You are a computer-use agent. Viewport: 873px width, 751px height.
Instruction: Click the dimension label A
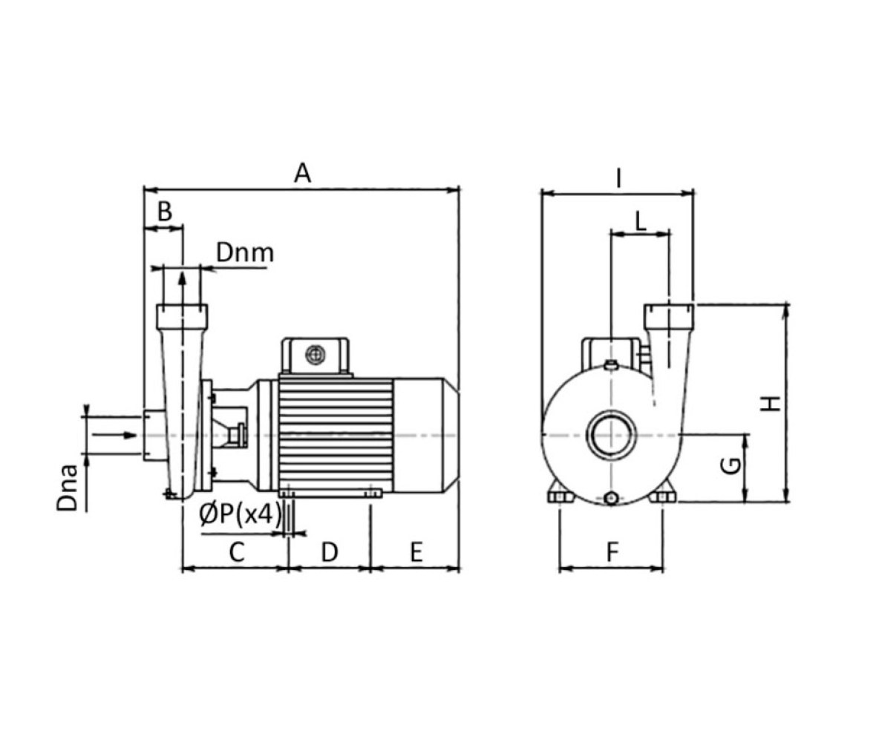302,174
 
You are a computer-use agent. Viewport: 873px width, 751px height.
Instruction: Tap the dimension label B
165,211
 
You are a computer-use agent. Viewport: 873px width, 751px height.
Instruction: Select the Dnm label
245,253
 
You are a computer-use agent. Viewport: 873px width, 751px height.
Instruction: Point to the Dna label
68,488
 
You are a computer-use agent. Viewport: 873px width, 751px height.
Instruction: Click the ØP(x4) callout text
241,514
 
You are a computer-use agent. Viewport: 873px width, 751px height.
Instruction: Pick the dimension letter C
237,552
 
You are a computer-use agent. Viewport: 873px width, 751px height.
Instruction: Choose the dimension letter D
330,552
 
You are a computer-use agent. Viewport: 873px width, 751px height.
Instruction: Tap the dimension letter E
416,552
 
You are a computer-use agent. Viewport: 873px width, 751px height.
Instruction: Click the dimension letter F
612,552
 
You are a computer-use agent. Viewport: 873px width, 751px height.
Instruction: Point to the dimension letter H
771,404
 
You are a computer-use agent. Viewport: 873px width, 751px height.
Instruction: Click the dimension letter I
618,179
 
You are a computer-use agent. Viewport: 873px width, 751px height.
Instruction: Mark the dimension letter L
641,222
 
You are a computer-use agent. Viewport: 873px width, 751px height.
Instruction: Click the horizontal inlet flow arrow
114,435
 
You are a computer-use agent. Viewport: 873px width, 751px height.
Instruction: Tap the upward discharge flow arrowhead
181,278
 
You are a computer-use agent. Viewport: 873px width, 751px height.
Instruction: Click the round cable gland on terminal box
315,354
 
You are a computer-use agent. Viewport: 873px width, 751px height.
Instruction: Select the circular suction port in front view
612,435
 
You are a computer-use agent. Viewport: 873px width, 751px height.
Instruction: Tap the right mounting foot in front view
662,496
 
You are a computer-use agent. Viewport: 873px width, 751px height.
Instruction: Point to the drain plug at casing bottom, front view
612,498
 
